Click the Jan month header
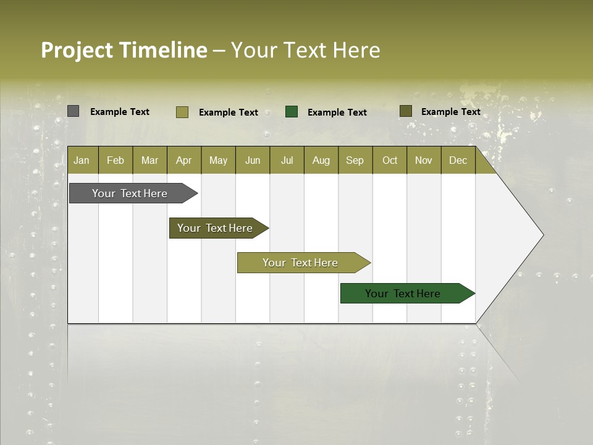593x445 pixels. tap(82, 161)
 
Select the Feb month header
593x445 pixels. tap(116, 161)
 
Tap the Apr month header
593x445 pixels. tap(183, 161)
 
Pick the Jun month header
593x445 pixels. tap(253, 161)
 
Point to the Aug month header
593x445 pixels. tap(321, 161)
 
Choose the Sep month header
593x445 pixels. tap(355, 161)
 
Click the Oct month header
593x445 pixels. tap(390, 161)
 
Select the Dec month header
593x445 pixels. tap(458, 161)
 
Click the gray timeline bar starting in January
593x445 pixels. tap(130, 193)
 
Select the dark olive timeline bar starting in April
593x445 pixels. tap(216, 228)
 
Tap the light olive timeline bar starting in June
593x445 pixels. tap(301, 263)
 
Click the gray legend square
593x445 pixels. tap(74, 111)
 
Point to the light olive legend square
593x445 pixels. tap(182, 112)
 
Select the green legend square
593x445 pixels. tap(292, 111)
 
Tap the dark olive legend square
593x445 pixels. tap(406, 111)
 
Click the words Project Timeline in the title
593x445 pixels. tap(124, 50)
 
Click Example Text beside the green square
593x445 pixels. tap(337, 112)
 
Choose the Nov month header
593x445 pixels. tap(424, 161)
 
